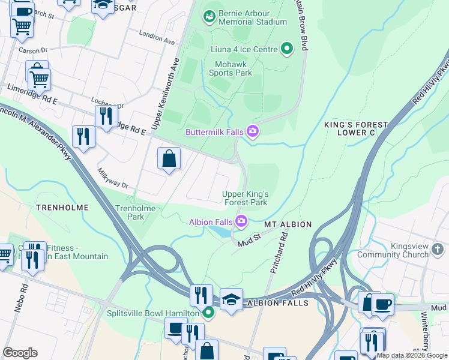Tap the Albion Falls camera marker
coord(241,222)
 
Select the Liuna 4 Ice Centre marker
coord(288,49)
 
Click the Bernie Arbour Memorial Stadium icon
coord(209,17)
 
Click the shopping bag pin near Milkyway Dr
coord(169,160)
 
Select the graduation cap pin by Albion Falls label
coord(231,299)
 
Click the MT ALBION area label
coord(288,224)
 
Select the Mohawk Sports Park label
coord(231,68)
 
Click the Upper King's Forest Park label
coord(245,199)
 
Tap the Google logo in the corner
coord(20,353)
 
